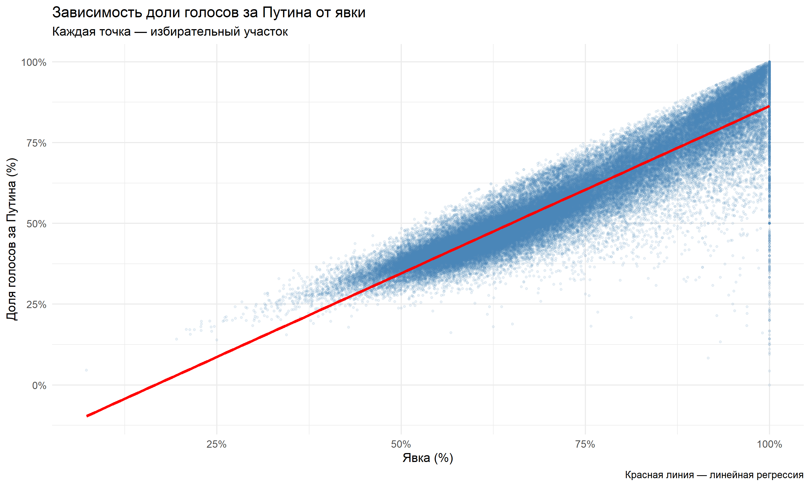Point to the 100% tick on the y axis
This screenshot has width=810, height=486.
34,62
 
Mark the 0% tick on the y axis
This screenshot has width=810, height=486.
39,386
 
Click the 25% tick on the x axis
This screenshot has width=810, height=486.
217,444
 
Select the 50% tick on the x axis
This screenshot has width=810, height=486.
401,444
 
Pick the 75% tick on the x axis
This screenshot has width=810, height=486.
585,444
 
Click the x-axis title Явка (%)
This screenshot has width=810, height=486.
428,458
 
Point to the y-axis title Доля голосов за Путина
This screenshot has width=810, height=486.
12,239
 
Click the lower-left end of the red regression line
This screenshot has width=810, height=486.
87,416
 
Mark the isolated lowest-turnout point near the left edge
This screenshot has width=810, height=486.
86,370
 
